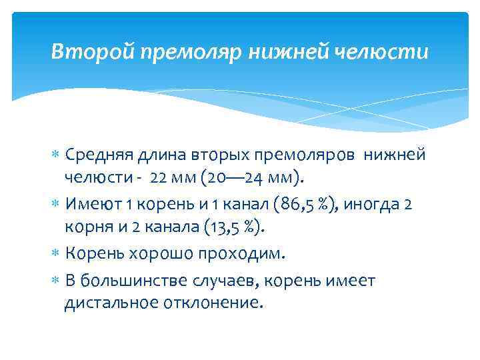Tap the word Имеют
pyautogui.click(x=93, y=203)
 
